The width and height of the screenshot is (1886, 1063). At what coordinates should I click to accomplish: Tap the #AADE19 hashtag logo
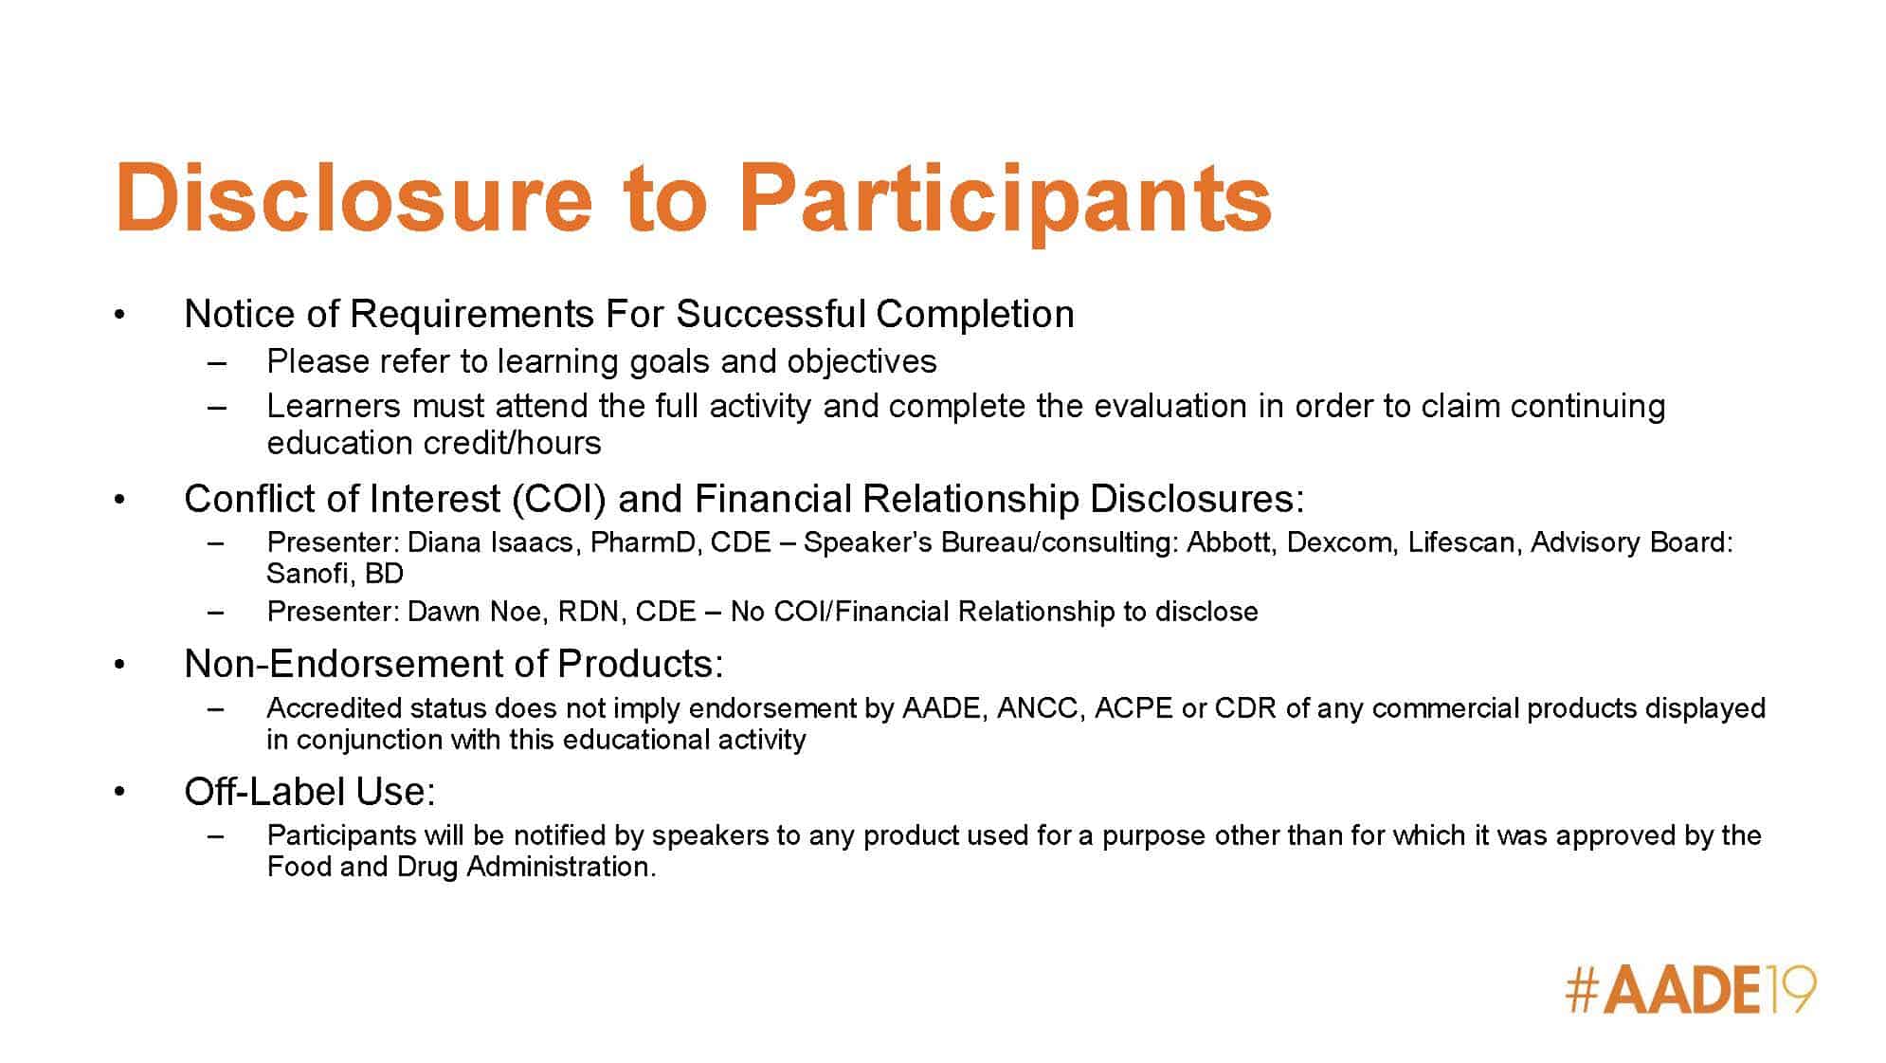(1691, 991)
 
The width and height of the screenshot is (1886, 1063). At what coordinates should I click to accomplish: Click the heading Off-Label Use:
(310, 791)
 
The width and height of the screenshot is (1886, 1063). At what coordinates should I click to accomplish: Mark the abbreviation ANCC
(1039, 708)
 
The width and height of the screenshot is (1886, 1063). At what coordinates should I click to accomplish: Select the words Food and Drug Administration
(461, 867)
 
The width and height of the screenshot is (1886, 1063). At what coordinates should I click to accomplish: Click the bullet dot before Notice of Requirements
(118, 315)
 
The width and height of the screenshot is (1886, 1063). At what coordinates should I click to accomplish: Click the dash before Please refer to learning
(217, 363)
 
